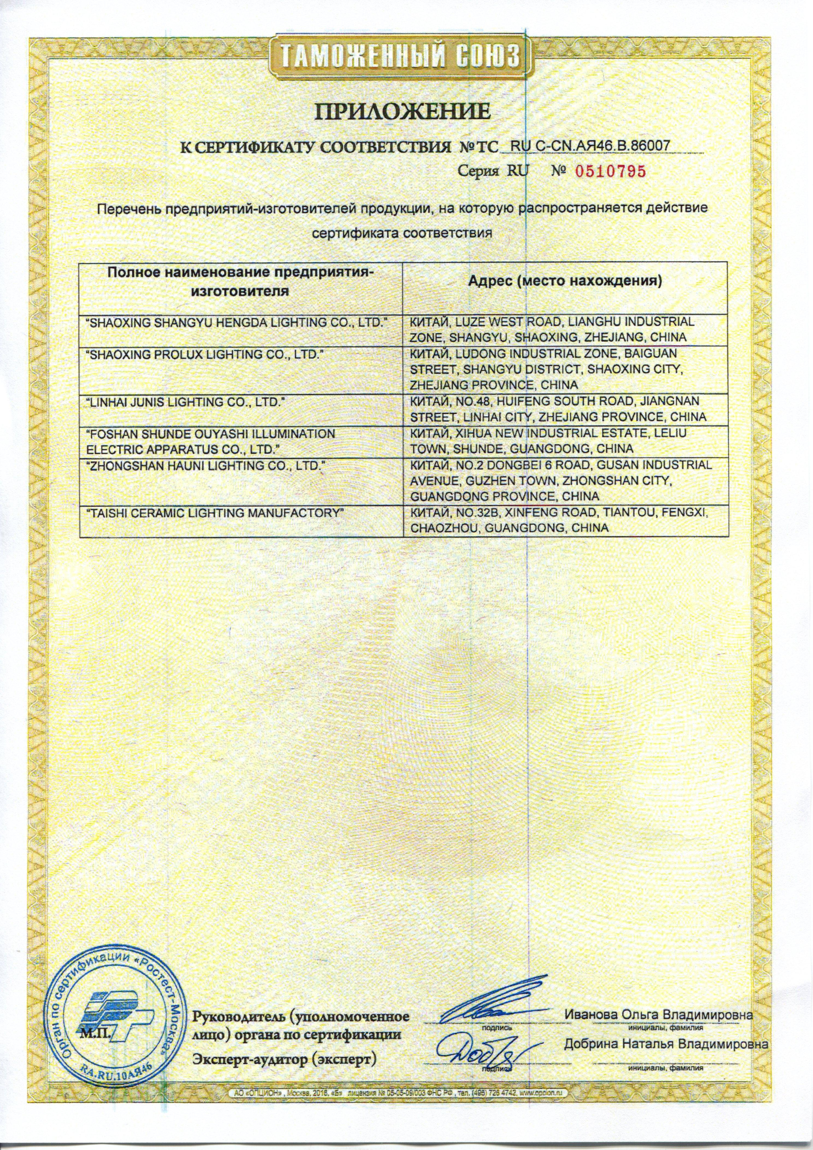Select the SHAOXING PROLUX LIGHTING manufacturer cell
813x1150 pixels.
coord(204,354)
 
